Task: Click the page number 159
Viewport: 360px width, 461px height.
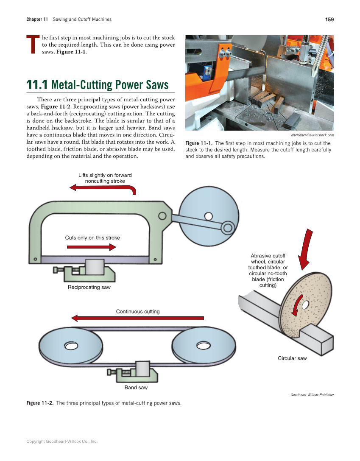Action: point(329,20)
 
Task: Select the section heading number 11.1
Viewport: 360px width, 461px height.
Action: point(37,85)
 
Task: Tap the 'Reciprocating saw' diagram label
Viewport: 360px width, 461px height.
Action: point(89,288)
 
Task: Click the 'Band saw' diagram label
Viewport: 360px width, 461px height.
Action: point(136,388)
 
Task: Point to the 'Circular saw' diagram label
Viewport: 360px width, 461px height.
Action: point(292,358)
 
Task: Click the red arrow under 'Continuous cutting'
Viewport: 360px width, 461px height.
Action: point(137,318)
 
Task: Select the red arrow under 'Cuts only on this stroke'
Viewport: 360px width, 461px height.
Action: point(91,247)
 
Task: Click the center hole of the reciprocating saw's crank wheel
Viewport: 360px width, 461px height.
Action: point(208,216)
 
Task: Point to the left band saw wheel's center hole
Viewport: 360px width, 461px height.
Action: point(71,346)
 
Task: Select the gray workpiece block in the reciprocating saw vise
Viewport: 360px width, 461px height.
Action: point(95,267)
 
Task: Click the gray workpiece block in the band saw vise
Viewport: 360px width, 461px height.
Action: point(142,369)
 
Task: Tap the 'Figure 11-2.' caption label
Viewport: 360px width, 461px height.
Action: point(40,403)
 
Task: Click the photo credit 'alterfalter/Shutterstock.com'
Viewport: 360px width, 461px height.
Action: point(313,135)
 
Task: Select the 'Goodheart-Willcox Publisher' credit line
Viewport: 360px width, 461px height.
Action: point(312,395)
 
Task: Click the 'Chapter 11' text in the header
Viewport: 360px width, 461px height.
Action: point(37,20)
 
